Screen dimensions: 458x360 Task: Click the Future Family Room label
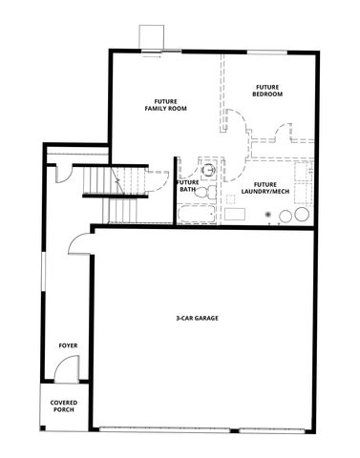pos(165,105)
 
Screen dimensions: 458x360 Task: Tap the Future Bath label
pos(188,185)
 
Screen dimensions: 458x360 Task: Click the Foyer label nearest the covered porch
pos(67,344)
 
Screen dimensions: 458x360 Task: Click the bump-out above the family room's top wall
pos(152,35)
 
